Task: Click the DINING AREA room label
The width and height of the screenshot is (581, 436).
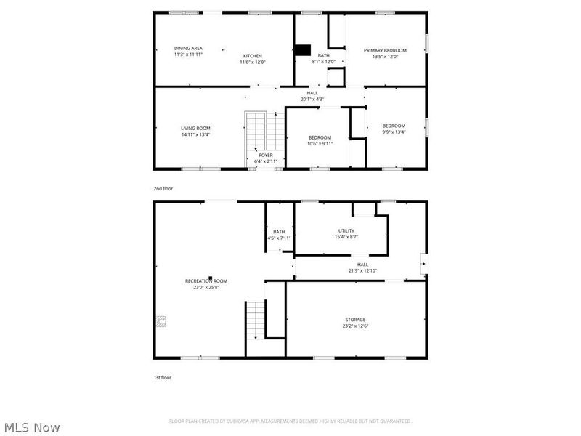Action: pos(168,48)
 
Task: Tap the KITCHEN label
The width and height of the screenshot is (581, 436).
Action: pos(252,56)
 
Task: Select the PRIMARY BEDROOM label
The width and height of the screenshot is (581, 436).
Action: pos(385,50)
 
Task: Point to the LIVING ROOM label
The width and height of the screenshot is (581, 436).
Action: pos(195,128)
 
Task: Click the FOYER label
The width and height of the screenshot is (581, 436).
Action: pos(266,156)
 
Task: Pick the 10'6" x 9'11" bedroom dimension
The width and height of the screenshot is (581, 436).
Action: pos(320,143)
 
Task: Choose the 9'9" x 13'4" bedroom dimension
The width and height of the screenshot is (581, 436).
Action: pos(394,132)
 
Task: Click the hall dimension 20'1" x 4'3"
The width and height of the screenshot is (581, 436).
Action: pos(312,99)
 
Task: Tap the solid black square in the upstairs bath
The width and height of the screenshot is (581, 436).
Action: pos(302,50)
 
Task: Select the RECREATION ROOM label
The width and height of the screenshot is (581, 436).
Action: pos(206,280)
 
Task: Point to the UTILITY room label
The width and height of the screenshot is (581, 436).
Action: pos(346,230)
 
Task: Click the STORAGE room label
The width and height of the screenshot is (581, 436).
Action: pos(355,320)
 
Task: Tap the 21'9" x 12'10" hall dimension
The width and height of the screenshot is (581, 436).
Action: pos(362,270)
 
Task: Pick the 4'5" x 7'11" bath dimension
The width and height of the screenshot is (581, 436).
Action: pos(279,238)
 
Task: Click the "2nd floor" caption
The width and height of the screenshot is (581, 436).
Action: pos(163,188)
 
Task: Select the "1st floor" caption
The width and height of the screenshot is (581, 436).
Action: pos(162,377)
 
